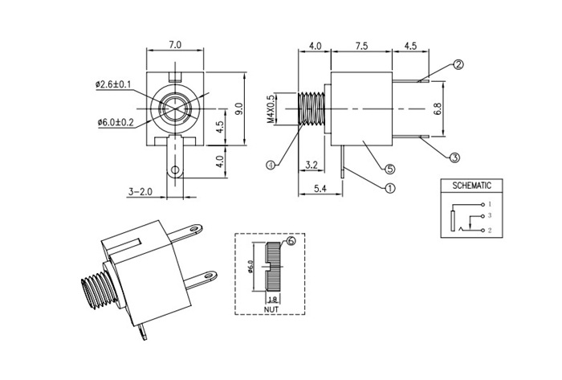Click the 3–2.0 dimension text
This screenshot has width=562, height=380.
141,191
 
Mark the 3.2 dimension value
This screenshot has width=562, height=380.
312,166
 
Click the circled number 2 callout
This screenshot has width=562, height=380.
458,65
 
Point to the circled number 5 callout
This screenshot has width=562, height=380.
390,169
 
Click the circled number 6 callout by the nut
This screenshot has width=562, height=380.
290,240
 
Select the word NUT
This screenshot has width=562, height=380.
271,308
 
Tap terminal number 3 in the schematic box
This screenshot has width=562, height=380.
489,215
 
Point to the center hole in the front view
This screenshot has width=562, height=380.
175,108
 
